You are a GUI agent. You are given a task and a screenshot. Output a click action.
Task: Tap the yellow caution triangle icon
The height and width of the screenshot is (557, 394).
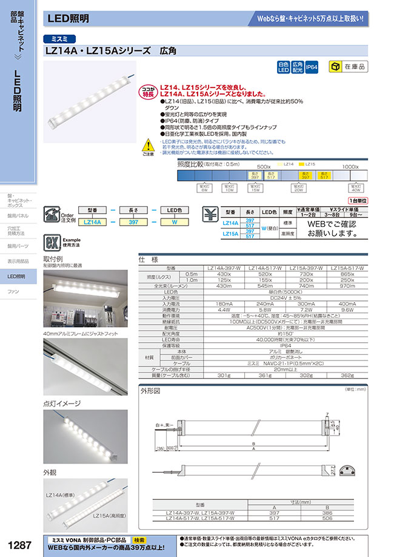pos(149,146)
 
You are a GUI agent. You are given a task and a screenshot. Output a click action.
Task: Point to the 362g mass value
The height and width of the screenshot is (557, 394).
pos(349,376)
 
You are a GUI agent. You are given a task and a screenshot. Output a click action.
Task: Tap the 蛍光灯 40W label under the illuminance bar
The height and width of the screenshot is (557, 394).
pos(356,189)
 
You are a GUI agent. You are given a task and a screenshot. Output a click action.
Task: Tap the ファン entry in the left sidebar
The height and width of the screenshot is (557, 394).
pos(13,292)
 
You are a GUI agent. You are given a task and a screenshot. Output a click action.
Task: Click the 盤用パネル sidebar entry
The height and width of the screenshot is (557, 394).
pos(18,215)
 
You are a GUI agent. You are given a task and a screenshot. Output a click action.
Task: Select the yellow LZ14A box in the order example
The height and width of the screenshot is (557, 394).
pos(91,223)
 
